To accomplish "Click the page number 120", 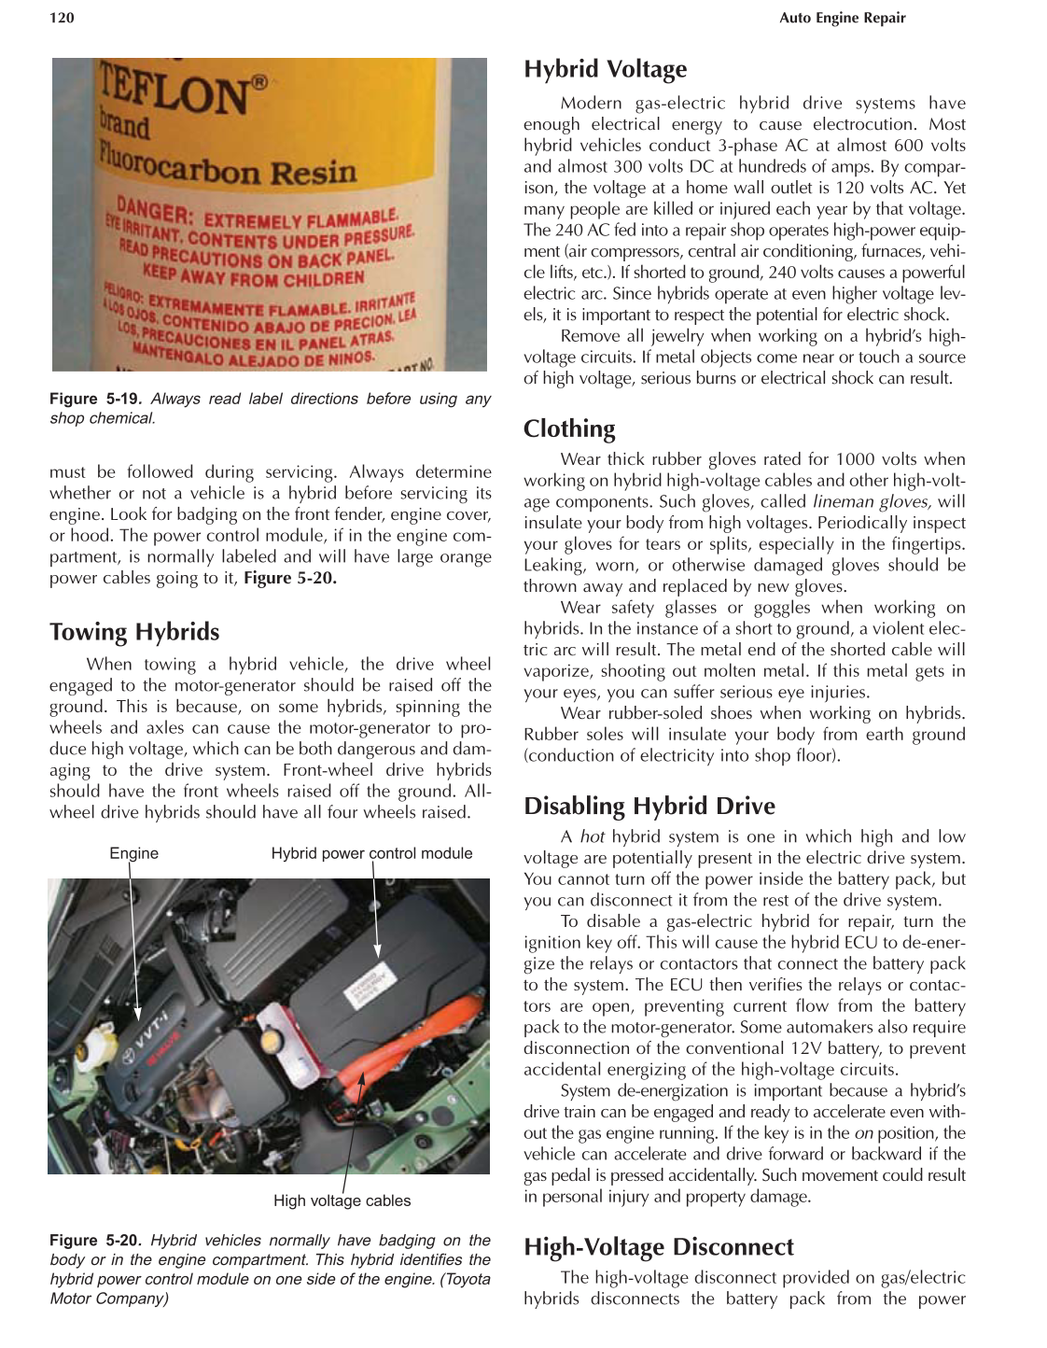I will click(62, 18).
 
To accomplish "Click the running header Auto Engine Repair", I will click(842, 18).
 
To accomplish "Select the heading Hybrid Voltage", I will click(605, 69).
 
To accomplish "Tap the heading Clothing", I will click(569, 428).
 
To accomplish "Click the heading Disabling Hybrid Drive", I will click(649, 806).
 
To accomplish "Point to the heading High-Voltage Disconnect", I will click(658, 1246).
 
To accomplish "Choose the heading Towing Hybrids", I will click(134, 632).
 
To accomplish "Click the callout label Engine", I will click(133, 853).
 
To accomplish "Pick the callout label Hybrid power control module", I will click(371, 853).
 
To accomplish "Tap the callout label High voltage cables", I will click(342, 1201).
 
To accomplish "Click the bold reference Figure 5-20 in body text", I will click(290, 578).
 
